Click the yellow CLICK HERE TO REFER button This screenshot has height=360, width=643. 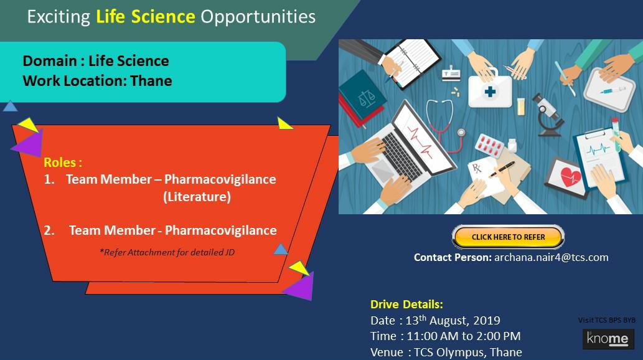(508, 237)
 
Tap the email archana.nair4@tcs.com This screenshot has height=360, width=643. (551, 257)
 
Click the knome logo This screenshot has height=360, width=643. (608, 339)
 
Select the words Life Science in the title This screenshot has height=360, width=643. (145, 17)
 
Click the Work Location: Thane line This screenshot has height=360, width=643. (97, 81)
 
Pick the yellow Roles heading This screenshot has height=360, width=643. (63, 162)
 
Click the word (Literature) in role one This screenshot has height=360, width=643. (197, 197)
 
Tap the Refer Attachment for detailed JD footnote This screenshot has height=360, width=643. (167, 252)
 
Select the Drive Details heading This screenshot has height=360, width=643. (406, 304)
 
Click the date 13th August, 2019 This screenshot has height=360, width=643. (453, 320)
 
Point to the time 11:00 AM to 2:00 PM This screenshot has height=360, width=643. (463, 336)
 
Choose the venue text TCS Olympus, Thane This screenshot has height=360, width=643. (468, 352)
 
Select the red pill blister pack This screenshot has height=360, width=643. (489, 144)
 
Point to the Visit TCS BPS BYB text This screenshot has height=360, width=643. (606, 320)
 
